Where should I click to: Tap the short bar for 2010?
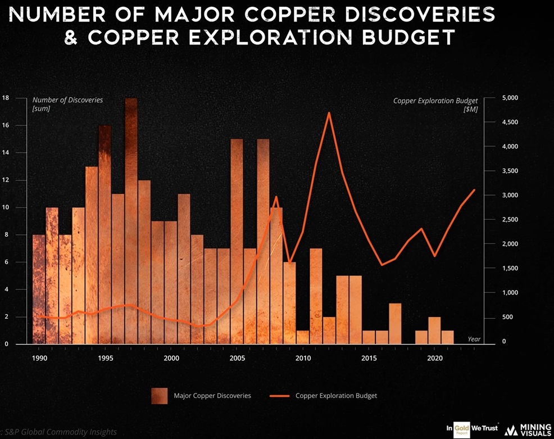(303, 337)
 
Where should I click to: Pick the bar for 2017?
(395, 323)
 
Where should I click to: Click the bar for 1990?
(39, 289)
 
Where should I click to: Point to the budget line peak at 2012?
(329, 114)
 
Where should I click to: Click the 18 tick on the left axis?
(6, 98)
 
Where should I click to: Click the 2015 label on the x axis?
(369, 358)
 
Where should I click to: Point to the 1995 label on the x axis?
(105, 358)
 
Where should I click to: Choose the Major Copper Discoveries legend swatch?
(159, 396)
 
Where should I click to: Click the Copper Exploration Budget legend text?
(336, 396)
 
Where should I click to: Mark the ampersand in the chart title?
(71, 38)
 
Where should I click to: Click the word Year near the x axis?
(474, 338)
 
